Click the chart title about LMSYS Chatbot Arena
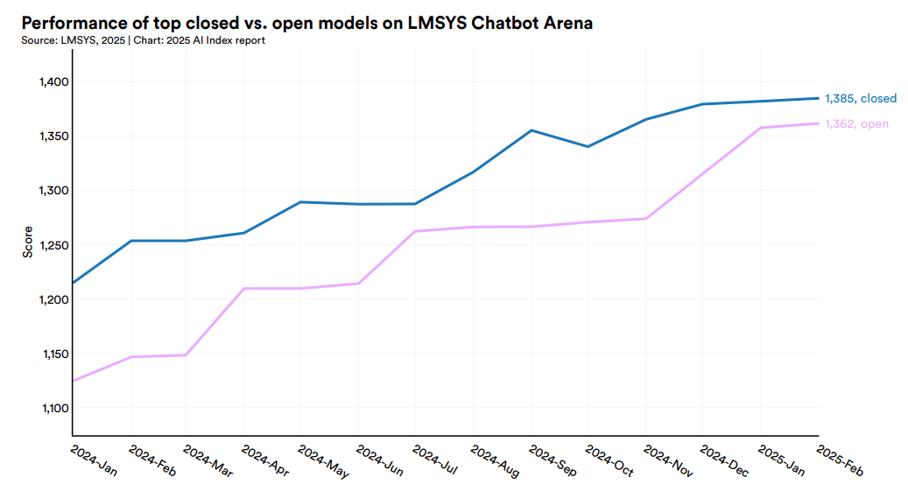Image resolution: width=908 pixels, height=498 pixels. point(306,24)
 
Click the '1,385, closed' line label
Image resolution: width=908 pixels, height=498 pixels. point(861,98)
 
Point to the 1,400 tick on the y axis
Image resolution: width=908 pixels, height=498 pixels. point(53,82)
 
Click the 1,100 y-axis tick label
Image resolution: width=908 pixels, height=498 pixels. point(53,409)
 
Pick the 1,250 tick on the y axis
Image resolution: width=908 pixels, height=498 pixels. point(53,245)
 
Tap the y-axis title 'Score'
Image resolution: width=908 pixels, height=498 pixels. point(27,242)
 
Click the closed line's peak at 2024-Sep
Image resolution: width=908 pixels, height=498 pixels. point(531,130)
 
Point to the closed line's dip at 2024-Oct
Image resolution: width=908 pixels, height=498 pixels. point(588,146)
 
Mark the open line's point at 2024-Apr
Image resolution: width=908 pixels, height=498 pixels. point(243,288)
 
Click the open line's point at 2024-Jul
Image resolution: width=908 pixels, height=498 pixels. point(415,231)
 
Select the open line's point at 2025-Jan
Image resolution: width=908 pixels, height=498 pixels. point(760,128)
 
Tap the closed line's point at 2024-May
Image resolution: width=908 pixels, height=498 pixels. point(300,202)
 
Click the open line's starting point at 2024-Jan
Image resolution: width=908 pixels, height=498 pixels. point(73,381)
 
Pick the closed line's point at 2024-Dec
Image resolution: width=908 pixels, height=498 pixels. point(702,104)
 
